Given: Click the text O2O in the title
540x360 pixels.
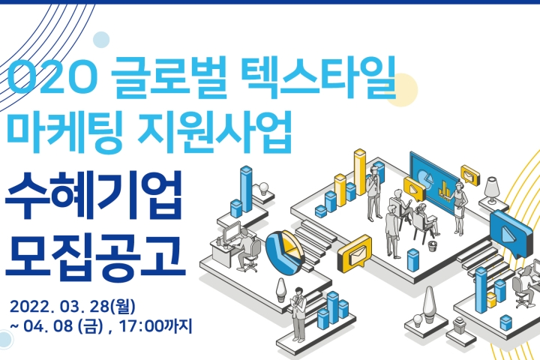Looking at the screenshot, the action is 50,78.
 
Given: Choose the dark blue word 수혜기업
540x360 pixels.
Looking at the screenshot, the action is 94,196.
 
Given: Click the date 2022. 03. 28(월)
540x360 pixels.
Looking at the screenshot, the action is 72,306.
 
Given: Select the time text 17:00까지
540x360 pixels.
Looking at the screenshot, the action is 155,326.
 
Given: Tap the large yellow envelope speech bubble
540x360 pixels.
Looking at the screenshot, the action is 355,254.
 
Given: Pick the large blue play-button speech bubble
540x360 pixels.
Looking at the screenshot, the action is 511,233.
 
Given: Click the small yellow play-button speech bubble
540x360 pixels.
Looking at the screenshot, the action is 414,188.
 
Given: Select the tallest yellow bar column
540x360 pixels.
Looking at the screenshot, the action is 360,172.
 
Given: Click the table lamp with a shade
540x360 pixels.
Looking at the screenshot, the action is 492,190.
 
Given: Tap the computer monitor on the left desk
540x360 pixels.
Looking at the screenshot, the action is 232,232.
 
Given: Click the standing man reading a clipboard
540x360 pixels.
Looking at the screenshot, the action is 298,314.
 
